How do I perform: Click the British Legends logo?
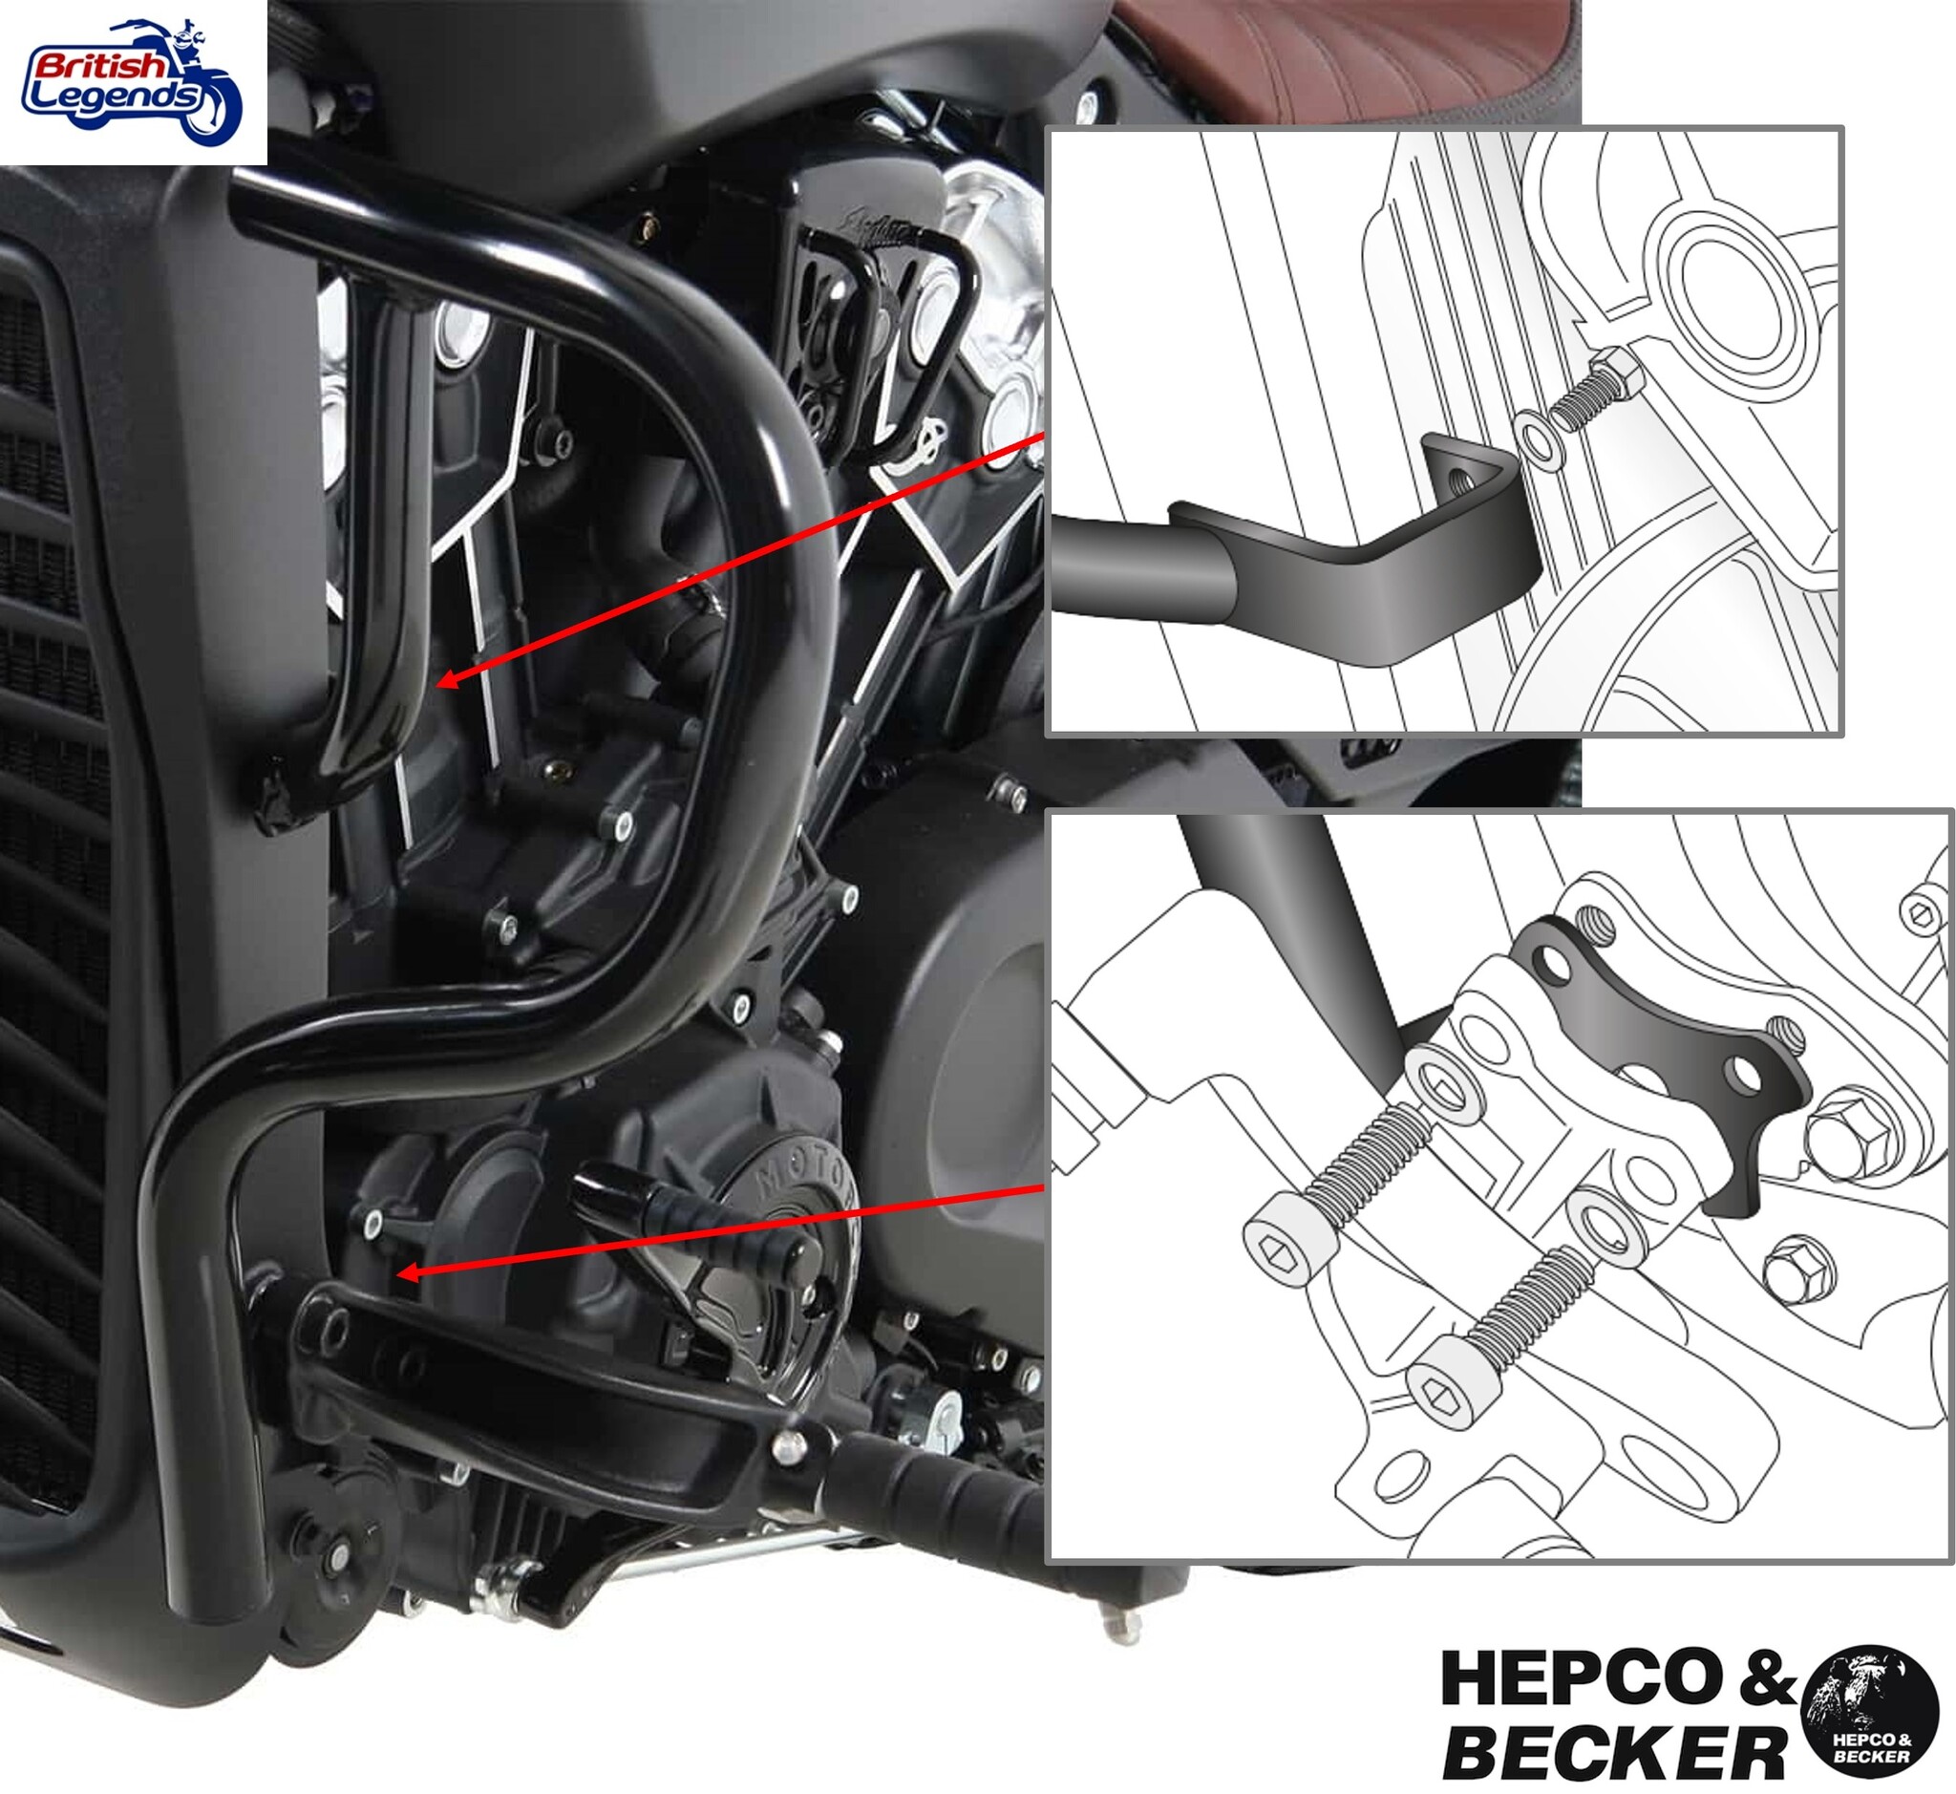pyautogui.click(x=133, y=81)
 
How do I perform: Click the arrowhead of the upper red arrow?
pyautogui.click(x=446, y=679)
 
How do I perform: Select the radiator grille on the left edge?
pyautogui.click(x=49, y=874)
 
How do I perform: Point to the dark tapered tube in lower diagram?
pyautogui.click(x=1282, y=922)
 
